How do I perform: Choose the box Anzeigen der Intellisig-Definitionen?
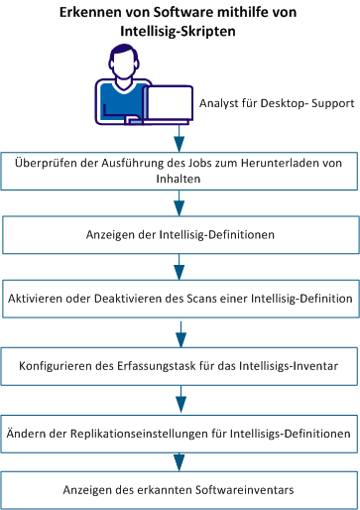(179, 237)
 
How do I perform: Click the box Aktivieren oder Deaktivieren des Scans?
(179, 298)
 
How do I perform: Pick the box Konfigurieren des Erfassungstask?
(179, 366)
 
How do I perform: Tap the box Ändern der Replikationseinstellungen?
(179, 434)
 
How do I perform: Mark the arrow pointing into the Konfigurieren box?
(179, 332)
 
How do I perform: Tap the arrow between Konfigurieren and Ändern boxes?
(179, 400)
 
